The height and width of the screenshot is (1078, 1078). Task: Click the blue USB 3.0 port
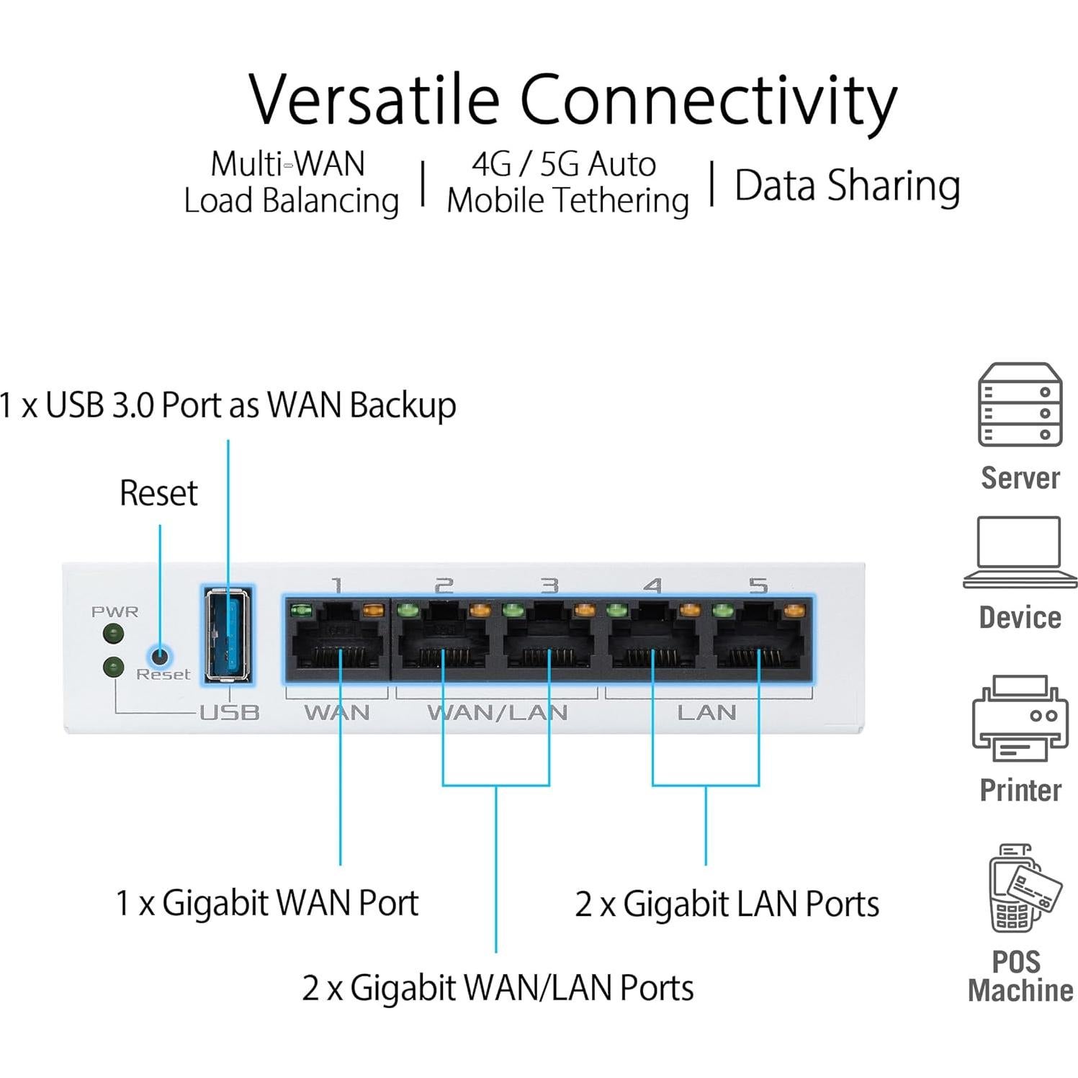click(x=228, y=634)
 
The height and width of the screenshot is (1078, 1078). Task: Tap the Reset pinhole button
click(x=160, y=656)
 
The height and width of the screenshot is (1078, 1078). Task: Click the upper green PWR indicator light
click(x=113, y=634)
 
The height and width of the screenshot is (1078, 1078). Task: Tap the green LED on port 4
click(x=617, y=611)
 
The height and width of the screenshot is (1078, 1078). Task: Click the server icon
click(x=1020, y=405)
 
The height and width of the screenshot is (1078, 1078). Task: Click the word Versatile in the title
click(x=374, y=100)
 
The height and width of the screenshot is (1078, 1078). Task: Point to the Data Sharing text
click(x=847, y=186)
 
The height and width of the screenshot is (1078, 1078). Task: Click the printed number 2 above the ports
click(x=444, y=585)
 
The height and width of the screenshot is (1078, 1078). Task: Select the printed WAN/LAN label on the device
click(x=497, y=713)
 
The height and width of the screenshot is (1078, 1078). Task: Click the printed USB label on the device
click(x=229, y=713)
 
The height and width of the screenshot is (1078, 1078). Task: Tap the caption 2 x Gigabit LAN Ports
click(x=727, y=904)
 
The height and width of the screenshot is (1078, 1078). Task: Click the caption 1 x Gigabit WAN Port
click(x=267, y=903)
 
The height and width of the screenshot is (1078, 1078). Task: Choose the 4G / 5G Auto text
click(x=564, y=164)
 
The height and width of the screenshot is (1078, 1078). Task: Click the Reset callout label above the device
click(x=158, y=493)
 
